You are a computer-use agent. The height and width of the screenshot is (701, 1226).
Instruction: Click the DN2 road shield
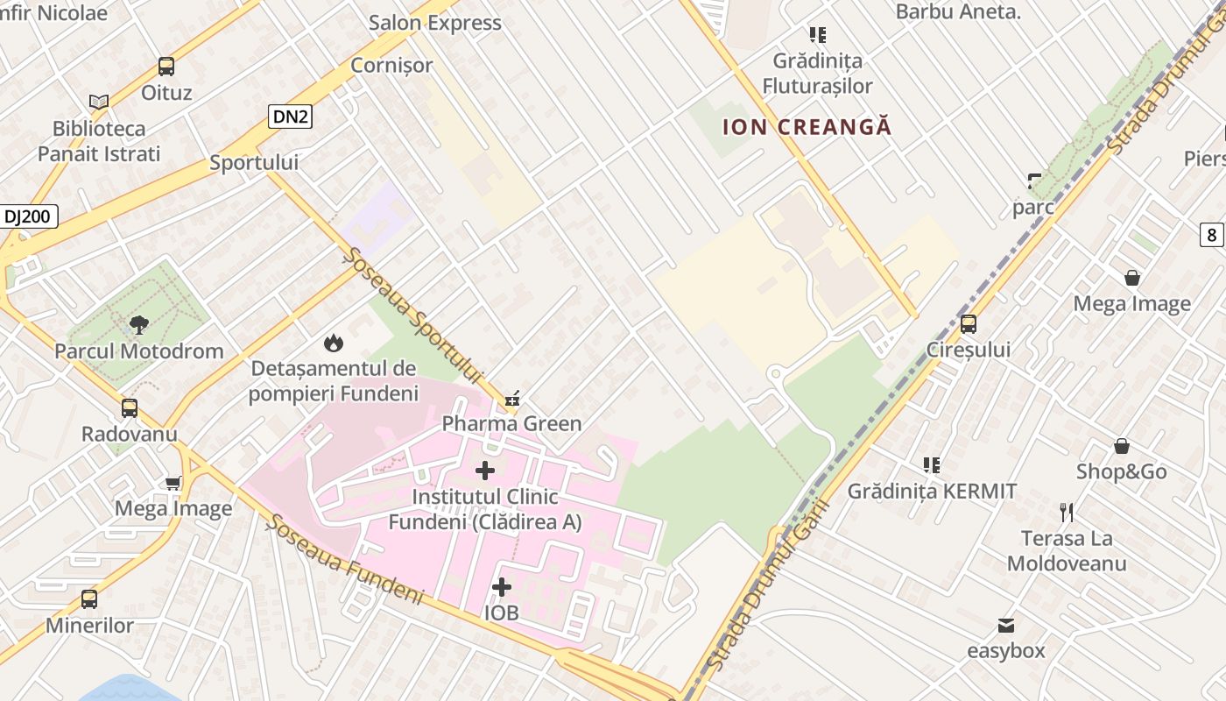pyautogui.click(x=290, y=116)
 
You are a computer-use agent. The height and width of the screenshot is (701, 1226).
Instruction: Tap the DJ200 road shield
pyautogui.click(x=30, y=216)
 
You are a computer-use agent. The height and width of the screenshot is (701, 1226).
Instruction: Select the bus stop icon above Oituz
pyautogui.click(x=166, y=66)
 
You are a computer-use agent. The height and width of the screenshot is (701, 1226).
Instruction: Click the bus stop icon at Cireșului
pyautogui.click(x=969, y=323)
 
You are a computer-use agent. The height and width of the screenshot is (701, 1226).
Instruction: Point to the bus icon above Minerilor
pyautogui.click(x=89, y=599)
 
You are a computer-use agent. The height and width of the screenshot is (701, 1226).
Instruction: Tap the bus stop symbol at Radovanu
pyautogui.click(x=130, y=407)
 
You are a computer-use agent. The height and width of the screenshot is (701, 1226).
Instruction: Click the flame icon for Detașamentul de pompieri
pyautogui.click(x=334, y=343)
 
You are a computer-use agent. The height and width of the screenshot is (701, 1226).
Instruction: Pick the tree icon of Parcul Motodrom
pyautogui.click(x=138, y=325)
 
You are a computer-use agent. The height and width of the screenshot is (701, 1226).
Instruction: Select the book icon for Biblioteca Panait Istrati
pyautogui.click(x=99, y=103)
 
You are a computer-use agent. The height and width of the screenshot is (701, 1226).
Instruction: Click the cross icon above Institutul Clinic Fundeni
pyautogui.click(x=485, y=471)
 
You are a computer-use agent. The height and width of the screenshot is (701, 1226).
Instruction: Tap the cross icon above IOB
pyautogui.click(x=502, y=586)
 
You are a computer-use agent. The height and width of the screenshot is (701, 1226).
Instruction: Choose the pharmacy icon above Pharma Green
pyautogui.click(x=512, y=400)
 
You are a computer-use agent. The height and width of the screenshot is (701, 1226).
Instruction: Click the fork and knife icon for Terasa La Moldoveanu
pyautogui.click(x=1067, y=512)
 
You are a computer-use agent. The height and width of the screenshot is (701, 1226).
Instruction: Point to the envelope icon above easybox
pyautogui.click(x=1006, y=626)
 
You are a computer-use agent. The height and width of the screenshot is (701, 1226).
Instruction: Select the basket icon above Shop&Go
pyautogui.click(x=1122, y=446)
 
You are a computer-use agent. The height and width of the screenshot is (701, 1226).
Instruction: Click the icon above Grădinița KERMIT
pyautogui.click(x=932, y=464)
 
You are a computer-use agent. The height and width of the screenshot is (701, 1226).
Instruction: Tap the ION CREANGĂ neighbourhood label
pyautogui.click(x=807, y=127)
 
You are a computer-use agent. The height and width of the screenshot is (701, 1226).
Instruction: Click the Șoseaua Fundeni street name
pyautogui.click(x=345, y=558)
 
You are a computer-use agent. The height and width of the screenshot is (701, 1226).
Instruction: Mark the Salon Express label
pyautogui.click(x=435, y=23)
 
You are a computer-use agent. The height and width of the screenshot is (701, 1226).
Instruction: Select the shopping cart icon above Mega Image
pyautogui.click(x=173, y=482)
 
